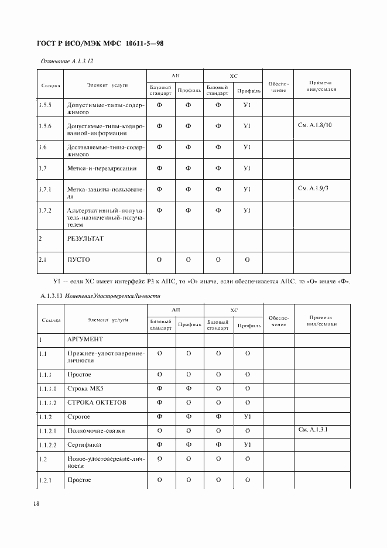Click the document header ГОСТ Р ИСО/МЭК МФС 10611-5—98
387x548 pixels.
tap(100, 43)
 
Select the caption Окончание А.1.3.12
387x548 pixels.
tap(67, 61)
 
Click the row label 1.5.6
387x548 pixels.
tap(45, 126)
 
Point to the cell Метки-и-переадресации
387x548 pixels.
tap(102, 168)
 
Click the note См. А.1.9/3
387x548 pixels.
tap(313, 189)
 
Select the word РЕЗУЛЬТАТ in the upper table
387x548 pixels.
tap(88, 238)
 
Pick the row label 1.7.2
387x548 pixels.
tap(45, 210)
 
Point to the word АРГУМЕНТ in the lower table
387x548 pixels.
tap(85, 339)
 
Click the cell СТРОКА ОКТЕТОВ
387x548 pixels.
tap(97, 403)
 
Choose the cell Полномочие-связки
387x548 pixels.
tap(97, 431)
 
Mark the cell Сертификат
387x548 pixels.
tap(84, 445)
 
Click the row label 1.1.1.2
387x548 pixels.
tap(49, 403)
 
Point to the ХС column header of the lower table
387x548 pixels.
tap(233, 311)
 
